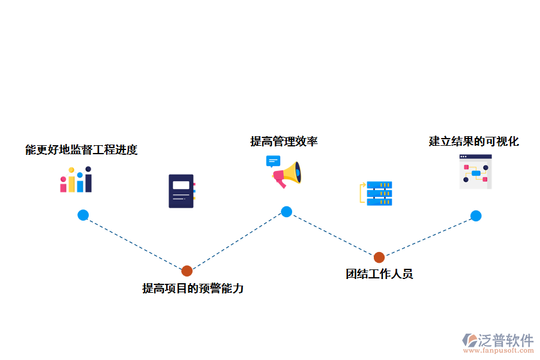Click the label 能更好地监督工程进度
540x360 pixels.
(x=82, y=150)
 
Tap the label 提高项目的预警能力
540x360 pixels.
(x=193, y=289)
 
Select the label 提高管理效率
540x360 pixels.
(x=284, y=142)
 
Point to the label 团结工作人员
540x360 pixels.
(x=379, y=274)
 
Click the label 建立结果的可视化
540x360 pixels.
(x=473, y=142)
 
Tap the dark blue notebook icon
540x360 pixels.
(x=181, y=191)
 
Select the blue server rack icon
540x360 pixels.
(x=379, y=193)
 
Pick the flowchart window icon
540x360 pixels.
(x=475, y=172)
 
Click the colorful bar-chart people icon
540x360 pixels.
(x=76, y=179)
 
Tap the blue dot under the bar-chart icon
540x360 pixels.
(x=83, y=215)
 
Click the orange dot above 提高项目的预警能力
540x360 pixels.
(x=187, y=271)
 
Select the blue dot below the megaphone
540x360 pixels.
(x=287, y=211)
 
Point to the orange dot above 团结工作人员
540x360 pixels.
(x=379, y=257)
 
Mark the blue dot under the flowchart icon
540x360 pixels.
(x=476, y=216)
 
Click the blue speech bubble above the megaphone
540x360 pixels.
(x=273, y=161)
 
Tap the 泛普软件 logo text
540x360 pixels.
(x=505, y=340)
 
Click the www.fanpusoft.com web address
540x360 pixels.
(x=497, y=352)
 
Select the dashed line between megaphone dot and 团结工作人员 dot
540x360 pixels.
(x=333, y=235)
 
